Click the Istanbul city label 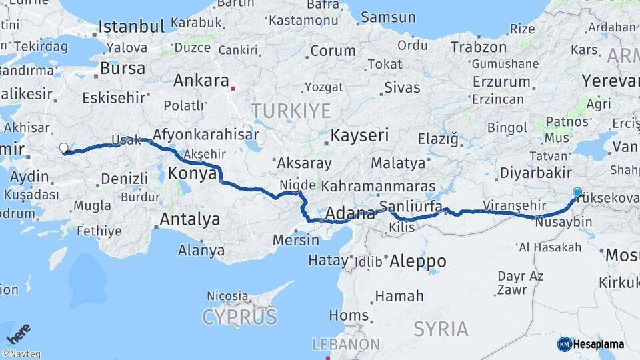pos(131,27)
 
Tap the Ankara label pos(201,81)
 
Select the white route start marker pos(63,148)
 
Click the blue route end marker pos(577,192)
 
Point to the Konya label pos(193,173)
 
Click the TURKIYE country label pos(291,110)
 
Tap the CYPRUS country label pos(240,317)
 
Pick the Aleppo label pos(418,260)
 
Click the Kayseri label pos(359,135)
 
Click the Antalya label pos(190,219)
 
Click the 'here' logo pos(19,333)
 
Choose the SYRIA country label pos(441,329)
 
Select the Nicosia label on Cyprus pos(227,295)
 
